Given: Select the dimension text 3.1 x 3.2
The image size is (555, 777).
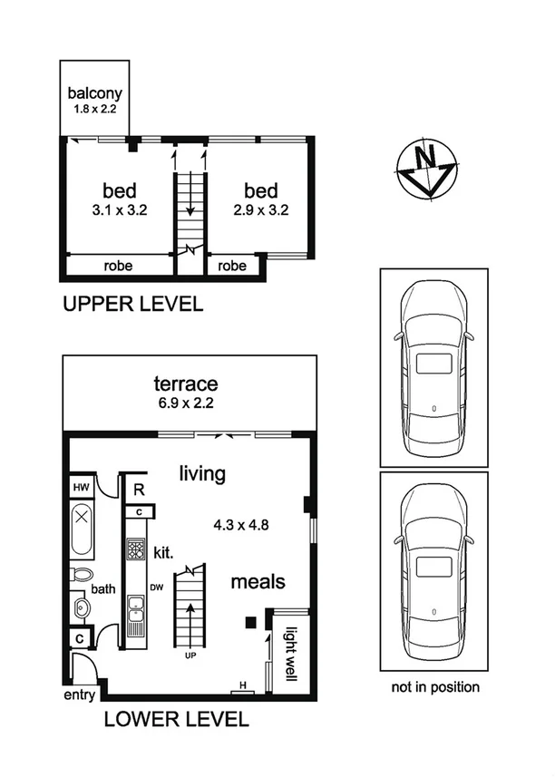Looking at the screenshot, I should tap(119, 209).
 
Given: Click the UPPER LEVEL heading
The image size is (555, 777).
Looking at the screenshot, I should tap(132, 305).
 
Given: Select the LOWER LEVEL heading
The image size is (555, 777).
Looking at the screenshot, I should tap(176, 720).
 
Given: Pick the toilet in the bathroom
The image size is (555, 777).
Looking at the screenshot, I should tap(82, 576).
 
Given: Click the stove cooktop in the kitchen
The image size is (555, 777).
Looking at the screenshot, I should tap(136, 550).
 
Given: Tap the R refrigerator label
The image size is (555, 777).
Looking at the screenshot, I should tap(137, 490).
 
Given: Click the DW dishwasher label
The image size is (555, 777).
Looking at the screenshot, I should tap(156, 587).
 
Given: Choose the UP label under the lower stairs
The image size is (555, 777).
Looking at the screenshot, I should tap(190, 655).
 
